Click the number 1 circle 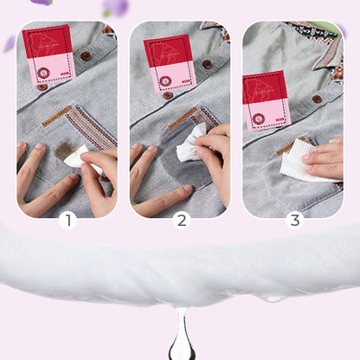[68, 220]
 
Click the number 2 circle [181, 220]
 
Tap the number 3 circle [294, 220]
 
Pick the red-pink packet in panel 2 [170, 61]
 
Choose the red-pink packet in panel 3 [266, 100]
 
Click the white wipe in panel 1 [77, 157]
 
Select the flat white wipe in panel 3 [299, 160]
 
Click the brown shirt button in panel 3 [317, 99]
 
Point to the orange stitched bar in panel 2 [180, 119]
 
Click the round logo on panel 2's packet [164, 80]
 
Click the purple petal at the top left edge [42, 3]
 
